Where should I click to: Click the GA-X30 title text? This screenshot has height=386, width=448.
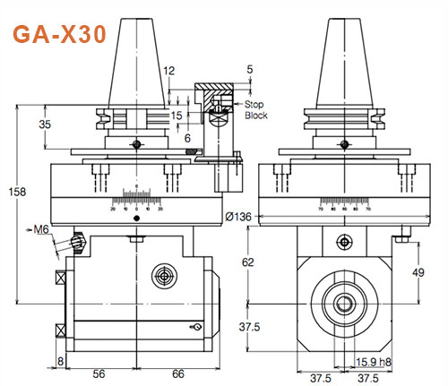[x=59, y=34]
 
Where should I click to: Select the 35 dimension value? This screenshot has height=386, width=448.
[x=44, y=125]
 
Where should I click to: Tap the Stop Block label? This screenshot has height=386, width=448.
[x=255, y=109]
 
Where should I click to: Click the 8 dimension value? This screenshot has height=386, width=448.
[x=60, y=363]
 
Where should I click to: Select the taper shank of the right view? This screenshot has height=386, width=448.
[x=343, y=72]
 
